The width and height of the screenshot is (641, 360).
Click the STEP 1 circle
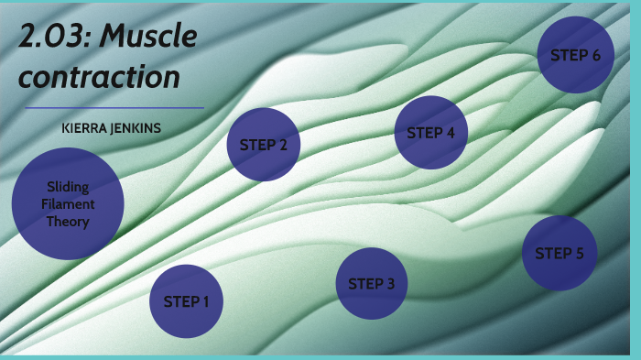coord(187,301)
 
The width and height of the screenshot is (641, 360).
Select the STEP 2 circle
coord(264,145)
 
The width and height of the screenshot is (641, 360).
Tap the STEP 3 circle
coord(372,284)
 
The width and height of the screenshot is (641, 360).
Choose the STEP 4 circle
coord(431,133)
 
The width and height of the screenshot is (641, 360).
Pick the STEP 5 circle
coord(560,254)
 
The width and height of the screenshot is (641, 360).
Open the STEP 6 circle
coord(575,55)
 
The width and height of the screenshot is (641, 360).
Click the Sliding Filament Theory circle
coord(68,203)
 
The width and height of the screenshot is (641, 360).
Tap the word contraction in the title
coord(100,77)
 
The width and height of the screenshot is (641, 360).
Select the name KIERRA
coord(83,129)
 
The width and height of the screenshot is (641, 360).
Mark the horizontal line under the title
coord(114,107)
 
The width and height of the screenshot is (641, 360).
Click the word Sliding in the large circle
coord(68,187)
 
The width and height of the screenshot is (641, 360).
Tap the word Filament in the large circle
coord(68,204)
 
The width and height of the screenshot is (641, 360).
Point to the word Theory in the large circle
coord(68,222)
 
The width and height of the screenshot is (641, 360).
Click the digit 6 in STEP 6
coord(596,55)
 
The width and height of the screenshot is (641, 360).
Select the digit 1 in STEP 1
coord(206,301)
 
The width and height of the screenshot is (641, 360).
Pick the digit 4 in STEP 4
coord(450,133)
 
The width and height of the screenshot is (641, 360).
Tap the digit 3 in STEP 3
coord(391,284)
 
